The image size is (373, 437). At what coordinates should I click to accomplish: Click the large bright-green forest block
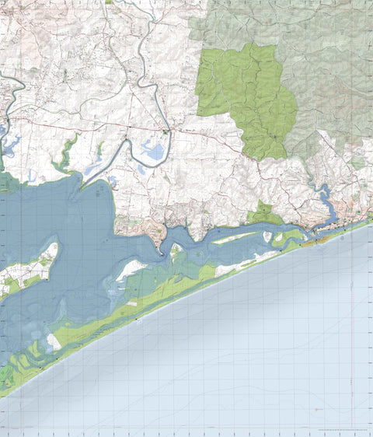click(x=249, y=97)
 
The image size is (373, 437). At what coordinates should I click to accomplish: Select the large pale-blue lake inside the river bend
click(x=153, y=150)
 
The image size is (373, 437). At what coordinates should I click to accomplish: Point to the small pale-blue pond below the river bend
click(x=141, y=168)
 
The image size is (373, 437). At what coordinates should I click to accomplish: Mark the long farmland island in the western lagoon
click(x=30, y=268)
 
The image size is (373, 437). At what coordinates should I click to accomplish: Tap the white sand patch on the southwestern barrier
click(x=53, y=341)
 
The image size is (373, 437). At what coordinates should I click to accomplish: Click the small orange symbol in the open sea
click(x=316, y=409)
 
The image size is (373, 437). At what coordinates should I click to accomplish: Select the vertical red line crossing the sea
click(x=352, y=327)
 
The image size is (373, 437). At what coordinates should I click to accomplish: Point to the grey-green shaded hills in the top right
click(x=326, y=47)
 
